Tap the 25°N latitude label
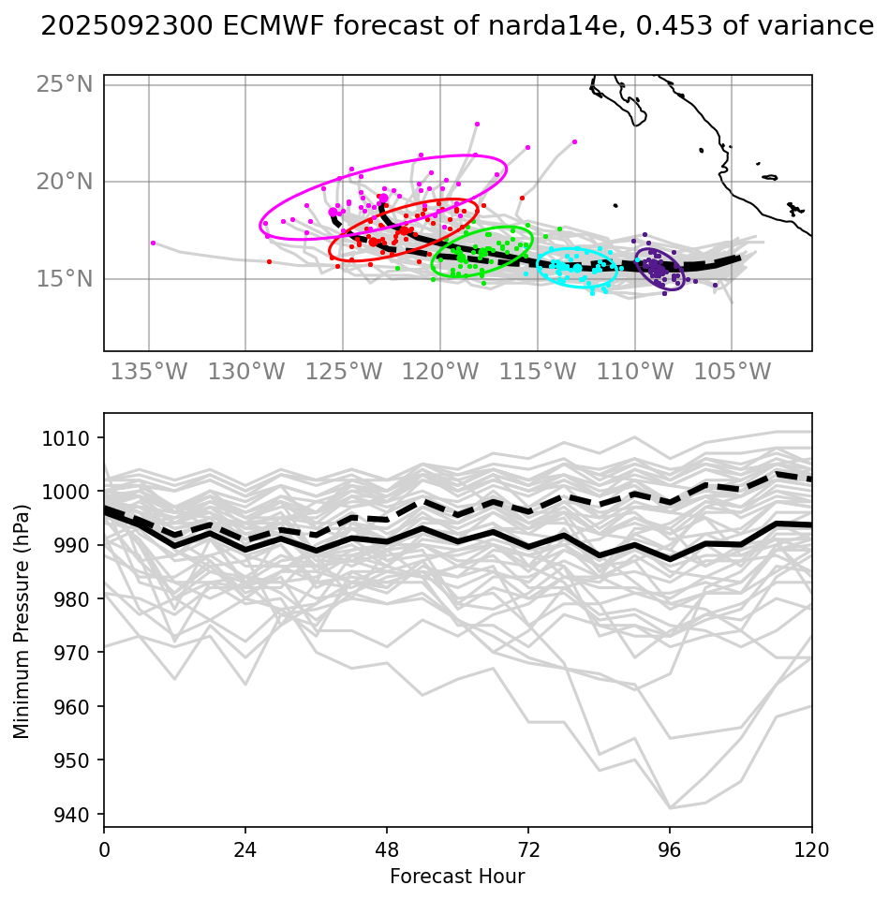tap(65, 84)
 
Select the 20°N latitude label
tap(65, 181)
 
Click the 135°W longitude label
tap(148, 372)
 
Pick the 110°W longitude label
tap(635, 372)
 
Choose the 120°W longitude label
tap(440, 372)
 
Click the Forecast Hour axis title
tap(457, 877)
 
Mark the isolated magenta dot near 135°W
tap(153, 243)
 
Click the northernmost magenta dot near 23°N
tap(477, 124)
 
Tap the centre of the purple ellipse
tap(660, 269)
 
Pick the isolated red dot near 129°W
tap(269, 262)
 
